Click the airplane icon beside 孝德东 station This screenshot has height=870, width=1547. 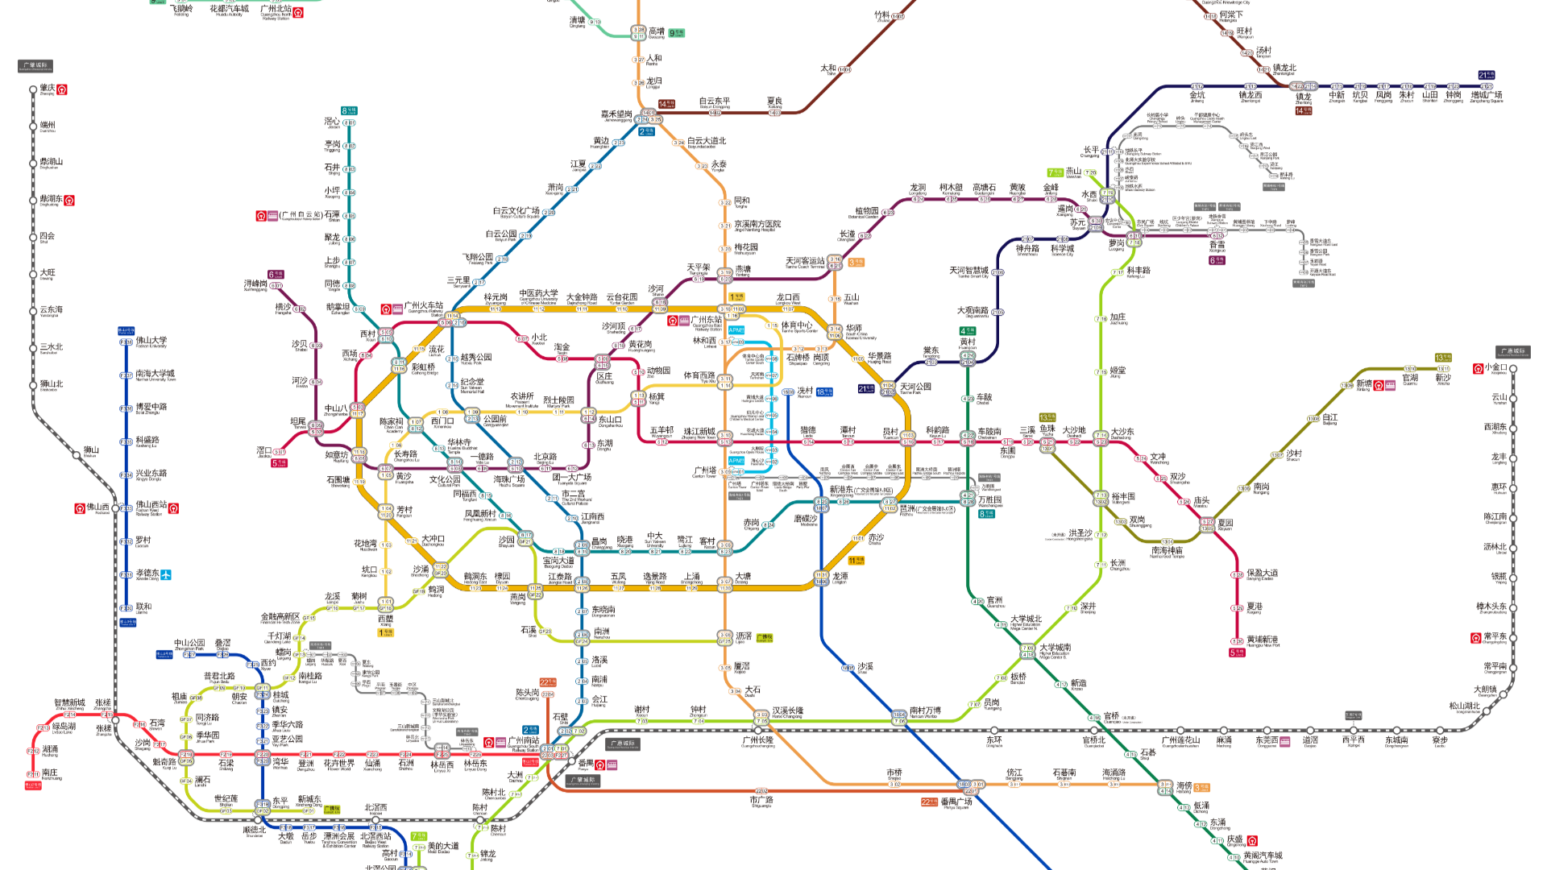pyautogui.click(x=166, y=574)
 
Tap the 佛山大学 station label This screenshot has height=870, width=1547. pyautogui.click(x=151, y=342)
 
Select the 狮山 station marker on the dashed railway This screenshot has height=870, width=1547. pyautogui.click(x=91, y=451)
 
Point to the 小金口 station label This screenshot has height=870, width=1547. pyautogui.click(x=1497, y=368)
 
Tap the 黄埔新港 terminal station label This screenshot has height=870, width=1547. pyautogui.click(x=1262, y=640)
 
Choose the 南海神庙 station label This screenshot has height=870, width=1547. pyautogui.click(x=1167, y=551)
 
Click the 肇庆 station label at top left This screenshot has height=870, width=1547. pyautogui.click(x=48, y=89)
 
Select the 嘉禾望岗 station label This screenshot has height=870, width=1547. pyautogui.click(x=616, y=114)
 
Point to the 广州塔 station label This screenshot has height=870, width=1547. pyautogui.click(x=704, y=470)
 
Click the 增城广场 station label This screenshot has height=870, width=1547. pyautogui.click(x=1487, y=96)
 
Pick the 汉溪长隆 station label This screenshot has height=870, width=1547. pyautogui.click(x=787, y=711)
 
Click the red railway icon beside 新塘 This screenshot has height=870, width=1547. pyautogui.click(x=1379, y=385)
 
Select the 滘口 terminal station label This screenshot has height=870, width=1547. pyautogui.click(x=263, y=451)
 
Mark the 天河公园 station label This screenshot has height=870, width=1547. pyautogui.click(x=916, y=387)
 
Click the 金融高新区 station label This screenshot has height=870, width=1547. pyautogui.click(x=280, y=617)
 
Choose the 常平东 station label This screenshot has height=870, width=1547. pyautogui.click(x=1495, y=637)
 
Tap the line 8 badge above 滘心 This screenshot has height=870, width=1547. pyautogui.click(x=348, y=111)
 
